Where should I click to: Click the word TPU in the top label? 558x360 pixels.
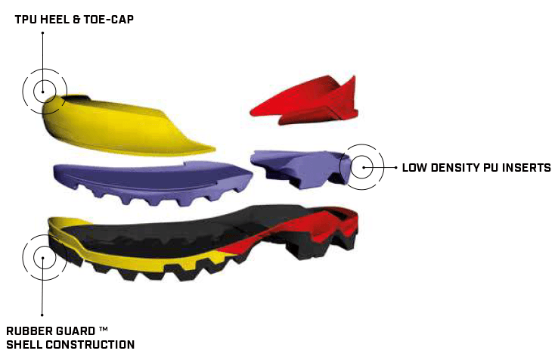[x=27, y=18]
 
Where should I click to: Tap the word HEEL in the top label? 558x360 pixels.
[x=60, y=18]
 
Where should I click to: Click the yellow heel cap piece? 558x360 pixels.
[x=113, y=125]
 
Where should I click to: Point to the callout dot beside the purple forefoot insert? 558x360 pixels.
[x=364, y=167]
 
